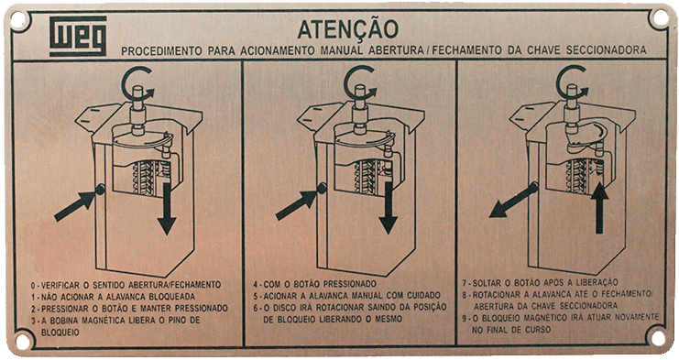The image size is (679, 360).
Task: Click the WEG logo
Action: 78,37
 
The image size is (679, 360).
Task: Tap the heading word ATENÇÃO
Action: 347,30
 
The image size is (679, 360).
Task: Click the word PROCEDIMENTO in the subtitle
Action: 161,51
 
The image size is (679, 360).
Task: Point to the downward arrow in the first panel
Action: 167,209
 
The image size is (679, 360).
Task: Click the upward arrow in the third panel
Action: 600,208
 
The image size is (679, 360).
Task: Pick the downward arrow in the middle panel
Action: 389,208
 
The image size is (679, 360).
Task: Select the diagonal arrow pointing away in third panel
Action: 513,200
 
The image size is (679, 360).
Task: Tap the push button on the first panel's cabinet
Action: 100,189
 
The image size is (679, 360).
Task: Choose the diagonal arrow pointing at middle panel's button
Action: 297,204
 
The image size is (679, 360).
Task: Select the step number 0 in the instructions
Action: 33,286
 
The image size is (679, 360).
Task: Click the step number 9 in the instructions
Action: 465,318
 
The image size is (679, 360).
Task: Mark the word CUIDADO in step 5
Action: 423,296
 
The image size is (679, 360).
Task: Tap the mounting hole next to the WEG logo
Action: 18,19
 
